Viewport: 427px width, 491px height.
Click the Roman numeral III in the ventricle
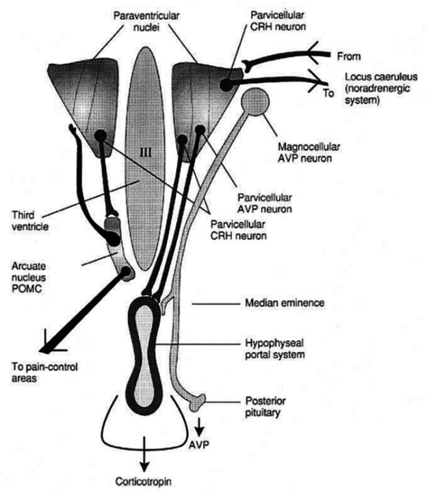coord(146,153)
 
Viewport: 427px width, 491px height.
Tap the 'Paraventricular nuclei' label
coord(146,21)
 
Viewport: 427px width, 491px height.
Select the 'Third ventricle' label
coord(30,221)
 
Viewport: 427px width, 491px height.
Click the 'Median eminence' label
coord(285,303)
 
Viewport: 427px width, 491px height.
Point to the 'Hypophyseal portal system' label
coord(275,349)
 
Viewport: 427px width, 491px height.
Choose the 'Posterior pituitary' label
coord(266,407)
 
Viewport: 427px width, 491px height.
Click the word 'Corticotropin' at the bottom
coord(144,481)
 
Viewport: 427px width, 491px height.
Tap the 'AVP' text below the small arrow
coord(199,444)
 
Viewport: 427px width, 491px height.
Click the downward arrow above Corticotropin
coord(144,454)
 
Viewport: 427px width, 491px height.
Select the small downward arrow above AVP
coord(200,427)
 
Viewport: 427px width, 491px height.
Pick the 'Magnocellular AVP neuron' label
coord(305,153)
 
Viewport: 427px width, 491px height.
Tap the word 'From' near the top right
coord(349,57)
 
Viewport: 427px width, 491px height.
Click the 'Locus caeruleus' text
coord(381,77)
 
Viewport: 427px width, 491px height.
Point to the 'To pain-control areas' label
coord(44,373)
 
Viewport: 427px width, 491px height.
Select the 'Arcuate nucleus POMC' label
coord(29,277)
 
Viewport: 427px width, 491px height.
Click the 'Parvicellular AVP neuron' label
coord(265,203)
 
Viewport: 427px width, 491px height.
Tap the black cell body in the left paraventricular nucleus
coord(101,136)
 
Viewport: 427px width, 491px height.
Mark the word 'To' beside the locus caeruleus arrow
coord(328,93)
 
